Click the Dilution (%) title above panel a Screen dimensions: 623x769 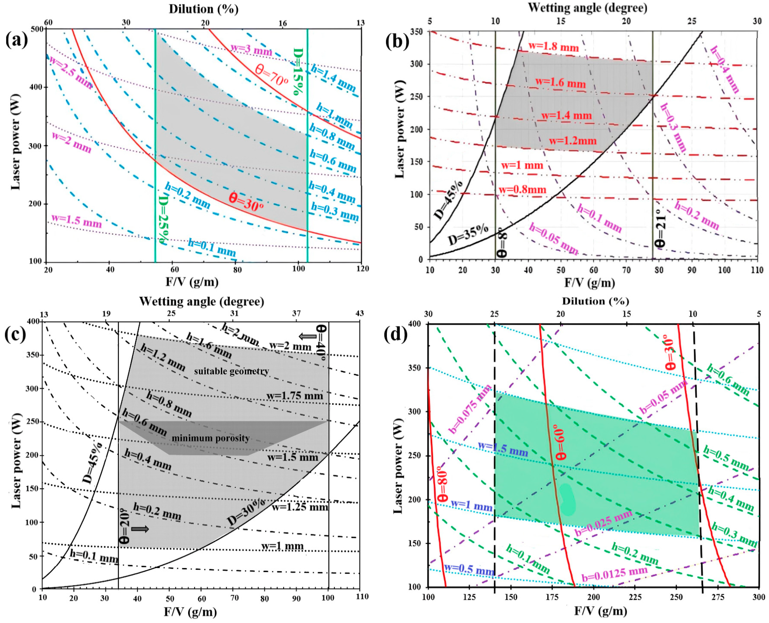(203, 9)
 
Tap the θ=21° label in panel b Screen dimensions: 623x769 (659, 232)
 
